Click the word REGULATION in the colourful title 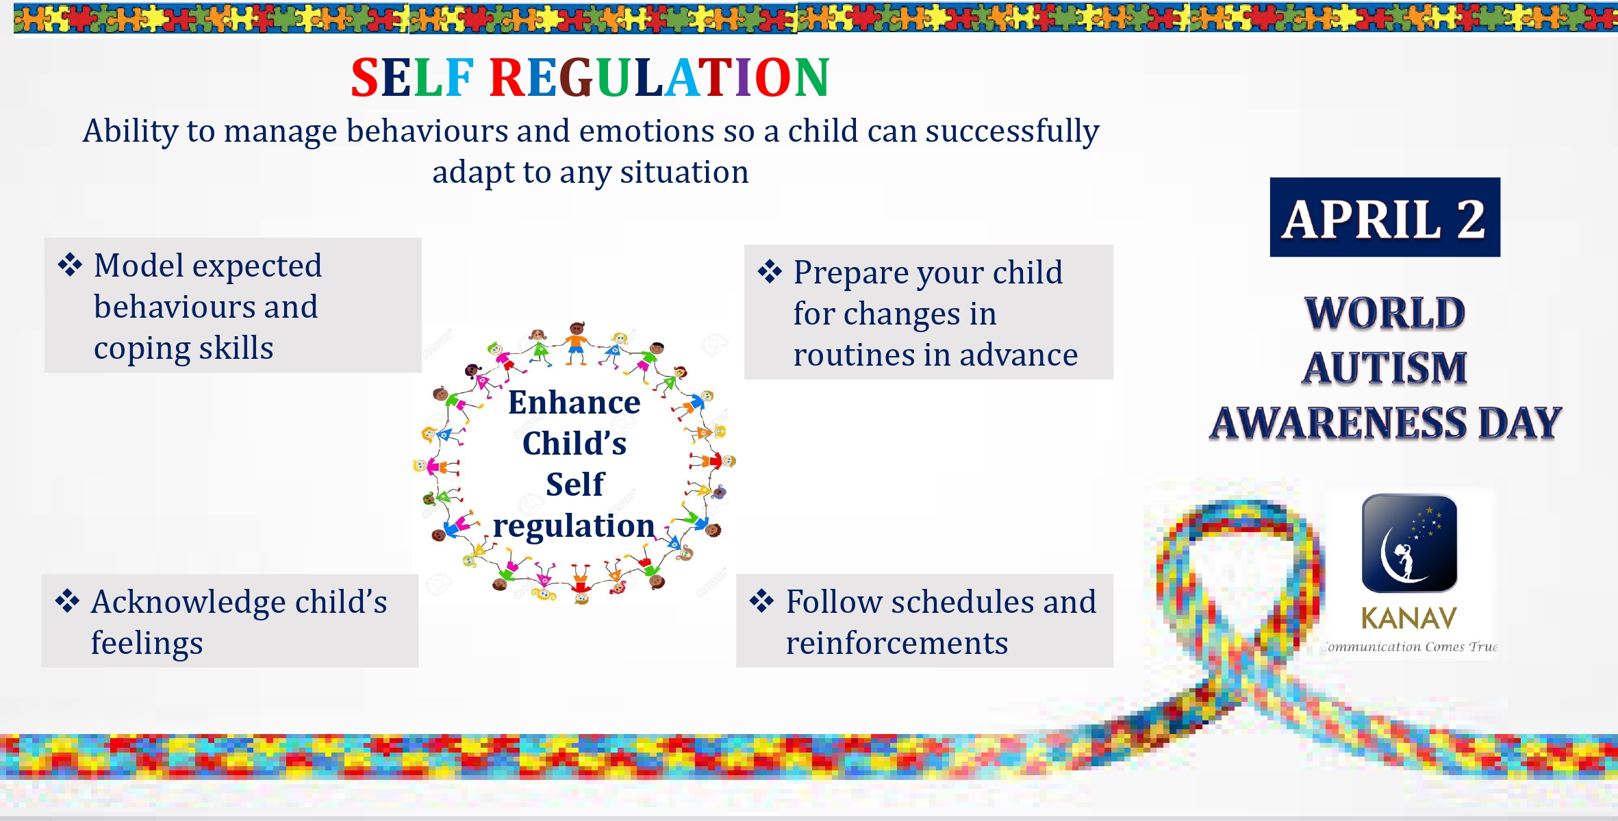[x=659, y=77]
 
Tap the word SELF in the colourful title [x=412, y=77]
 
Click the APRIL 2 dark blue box [x=1385, y=217]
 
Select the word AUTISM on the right [x=1385, y=368]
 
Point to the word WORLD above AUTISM [x=1385, y=313]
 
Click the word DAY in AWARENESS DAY [x=1520, y=422]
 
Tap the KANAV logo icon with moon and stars [x=1409, y=542]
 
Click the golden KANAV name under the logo [x=1408, y=618]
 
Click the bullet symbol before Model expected [x=70, y=265]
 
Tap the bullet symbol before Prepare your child [x=770, y=272]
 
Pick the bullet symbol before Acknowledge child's [x=67, y=601]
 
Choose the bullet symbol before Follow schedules [x=761, y=601]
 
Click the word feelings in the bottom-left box [x=147, y=644]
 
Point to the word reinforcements [x=897, y=643]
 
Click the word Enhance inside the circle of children [x=574, y=403]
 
